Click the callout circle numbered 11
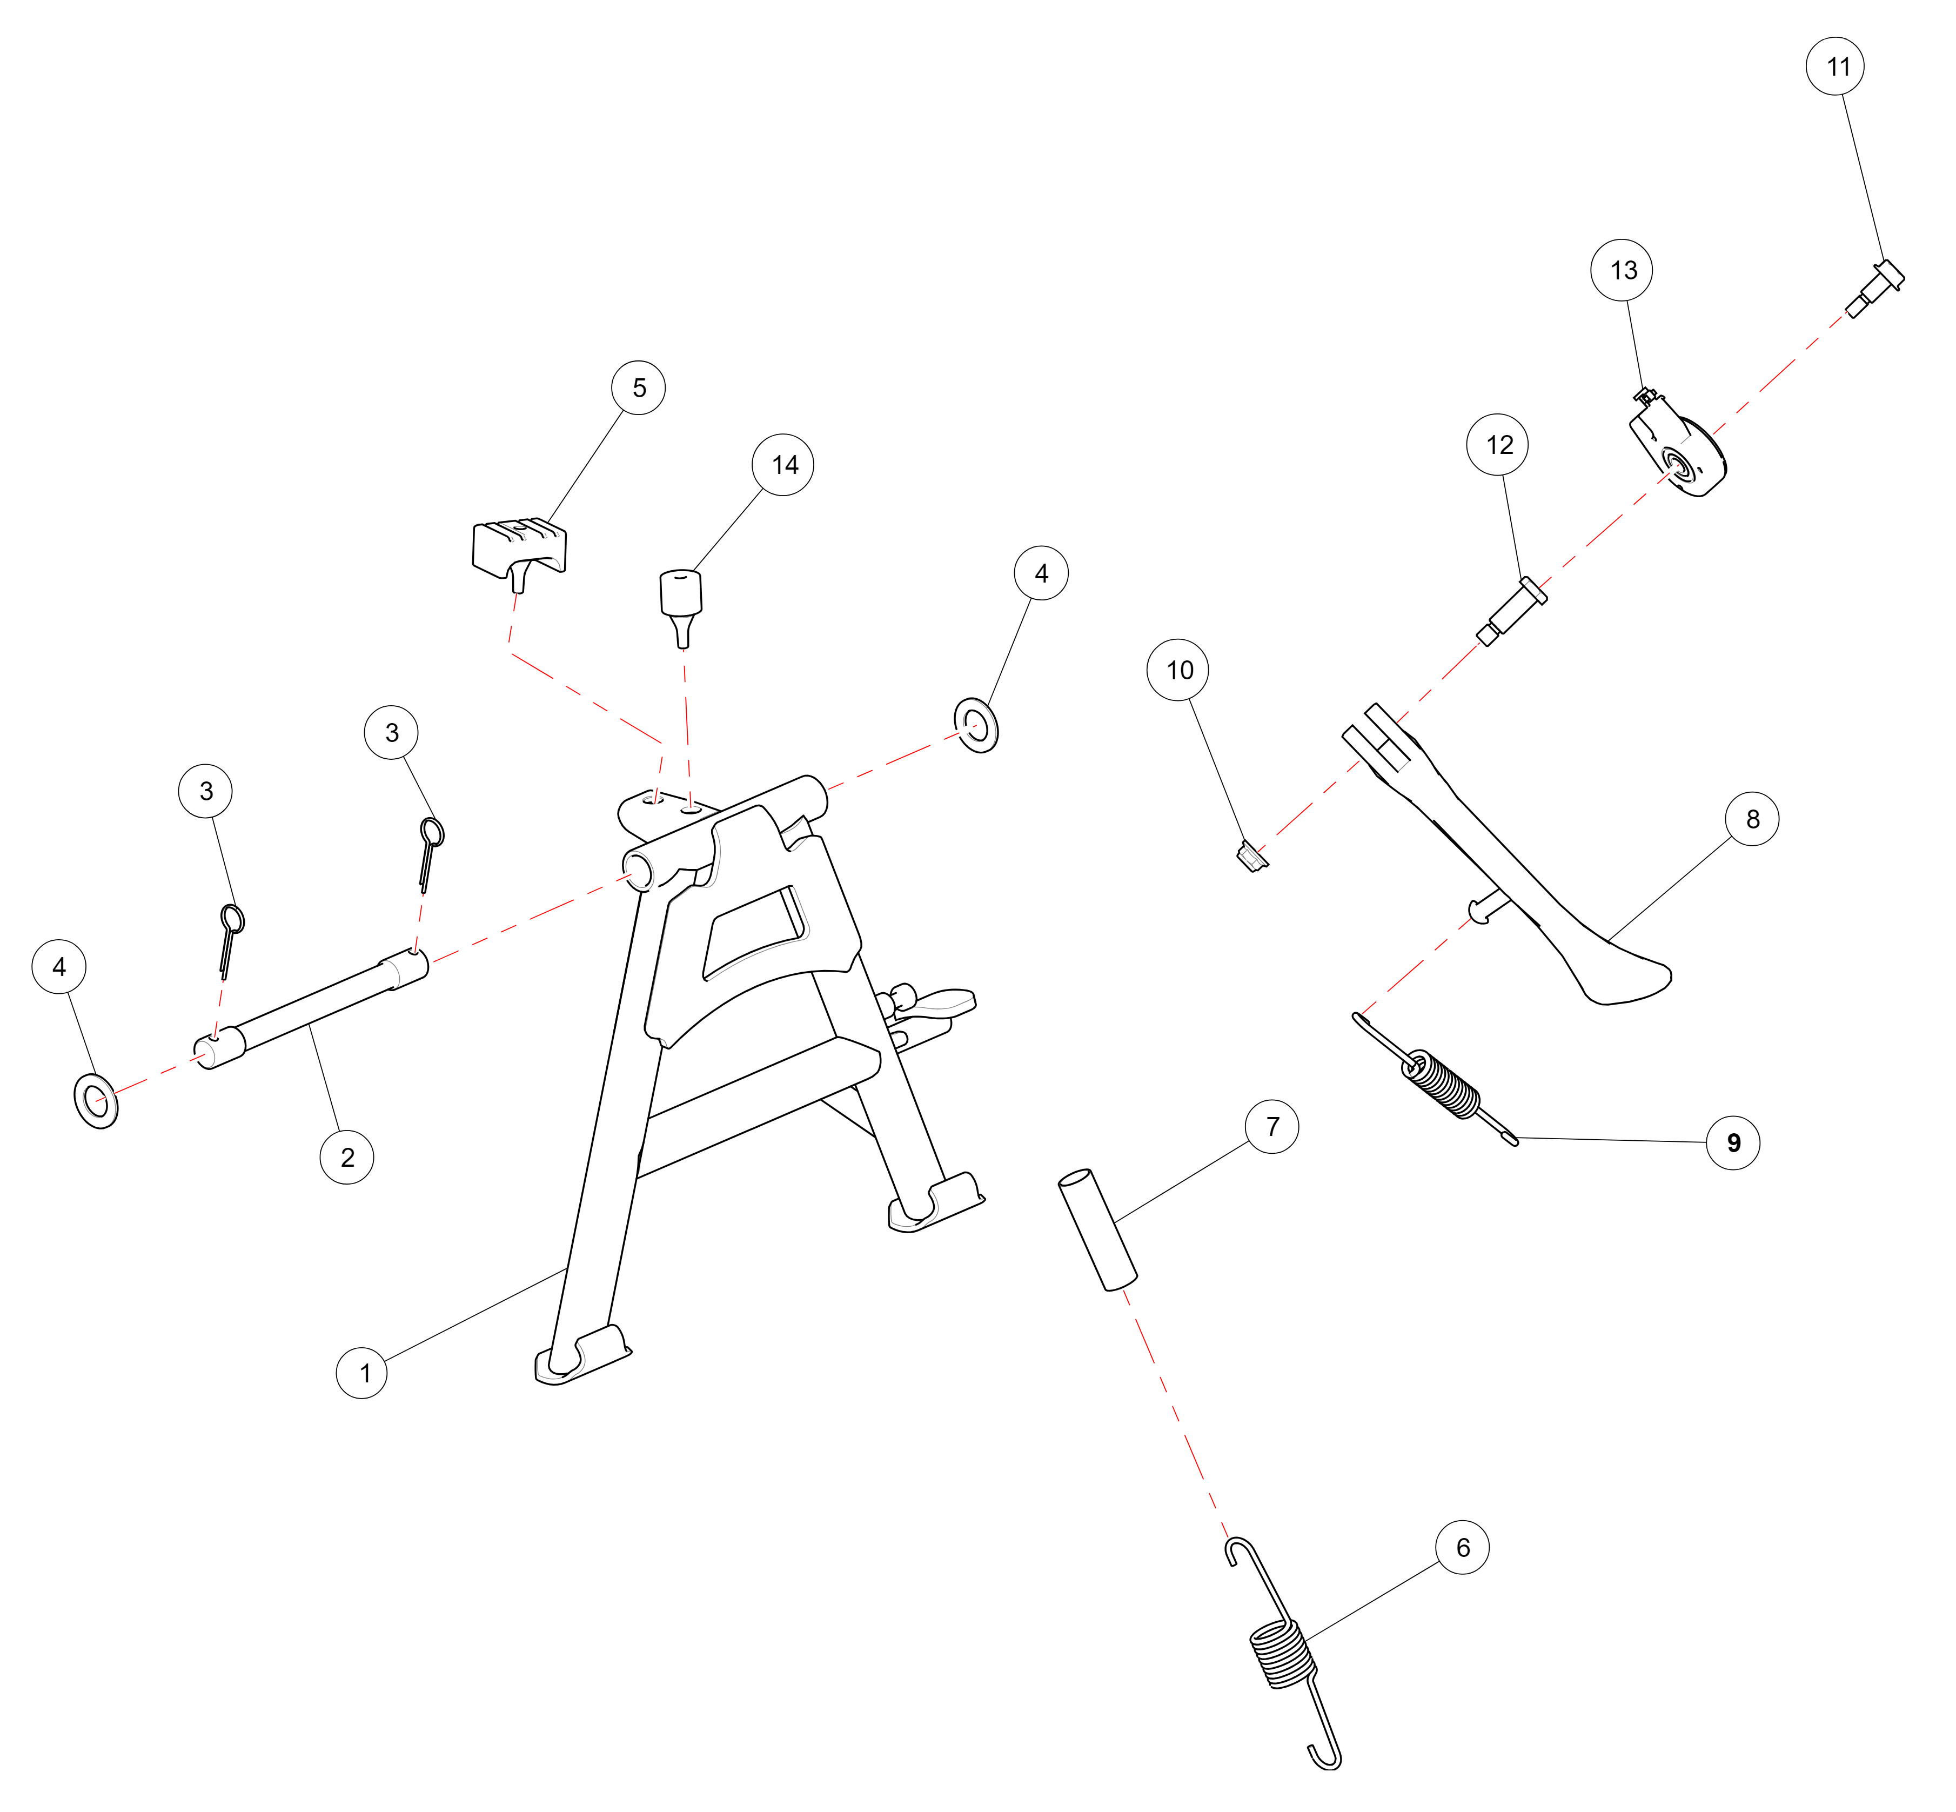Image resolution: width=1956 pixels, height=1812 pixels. pyautogui.click(x=1834, y=66)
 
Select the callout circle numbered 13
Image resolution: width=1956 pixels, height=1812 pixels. pyautogui.click(x=1620, y=270)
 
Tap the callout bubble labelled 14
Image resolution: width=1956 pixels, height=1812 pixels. pyautogui.click(x=782, y=465)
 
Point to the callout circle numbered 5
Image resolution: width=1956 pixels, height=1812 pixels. pyautogui.click(x=638, y=387)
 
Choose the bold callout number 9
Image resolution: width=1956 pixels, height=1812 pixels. pyautogui.click(x=1732, y=1142)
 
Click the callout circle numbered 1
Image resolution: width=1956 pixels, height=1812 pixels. pyautogui.click(x=362, y=1372)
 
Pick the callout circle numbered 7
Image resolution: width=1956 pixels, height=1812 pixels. pyautogui.click(x=1271, y=1126)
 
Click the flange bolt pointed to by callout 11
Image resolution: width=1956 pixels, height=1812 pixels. pyautogui.click(x=1874, y=287)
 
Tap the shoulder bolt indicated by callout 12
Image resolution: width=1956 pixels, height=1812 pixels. pyautogui.click(x=1512, y=611)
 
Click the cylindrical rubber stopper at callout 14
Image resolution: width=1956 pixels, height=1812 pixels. pyautogui.click(x=680, y=605)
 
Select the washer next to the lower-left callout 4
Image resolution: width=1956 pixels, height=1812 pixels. pyautogui.click(x=96, y=1100)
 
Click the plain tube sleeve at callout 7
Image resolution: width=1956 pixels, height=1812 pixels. pyautogui.click(x=1096, y=1228)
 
